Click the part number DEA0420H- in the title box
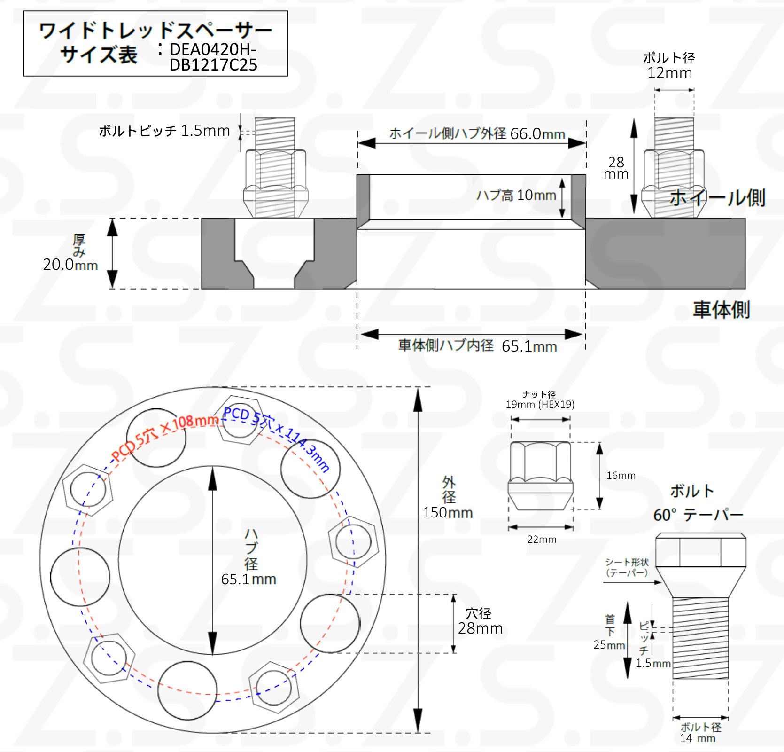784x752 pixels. [x=213, y=49]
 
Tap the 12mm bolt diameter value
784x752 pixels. [x=670, y=73]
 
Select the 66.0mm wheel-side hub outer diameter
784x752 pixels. [x=537, y=134]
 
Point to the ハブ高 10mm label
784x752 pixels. [x=516, y=195]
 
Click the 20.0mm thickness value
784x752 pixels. [x=70, y=265]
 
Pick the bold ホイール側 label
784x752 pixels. [x=717, y=197]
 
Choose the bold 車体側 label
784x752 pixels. [x=722, y=310]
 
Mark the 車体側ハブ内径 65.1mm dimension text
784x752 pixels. [x=478, y=346]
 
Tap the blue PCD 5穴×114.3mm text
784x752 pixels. [x=277, y=439]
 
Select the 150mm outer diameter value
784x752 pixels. [x=448, y=512]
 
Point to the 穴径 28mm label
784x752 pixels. [x=480, y=621]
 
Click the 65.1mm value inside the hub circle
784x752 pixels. [x=248, y=579]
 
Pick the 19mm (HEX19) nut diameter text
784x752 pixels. [x=540, y=404]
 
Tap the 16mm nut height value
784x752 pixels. [x=621, y=476]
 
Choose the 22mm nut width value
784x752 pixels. [x=542, y=540]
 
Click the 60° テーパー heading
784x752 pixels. [x=698, y=515]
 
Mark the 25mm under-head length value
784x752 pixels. [x=609, y=645]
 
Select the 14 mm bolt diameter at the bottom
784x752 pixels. [x=698, y=738]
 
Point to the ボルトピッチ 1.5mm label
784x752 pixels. [x=164, y=131]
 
